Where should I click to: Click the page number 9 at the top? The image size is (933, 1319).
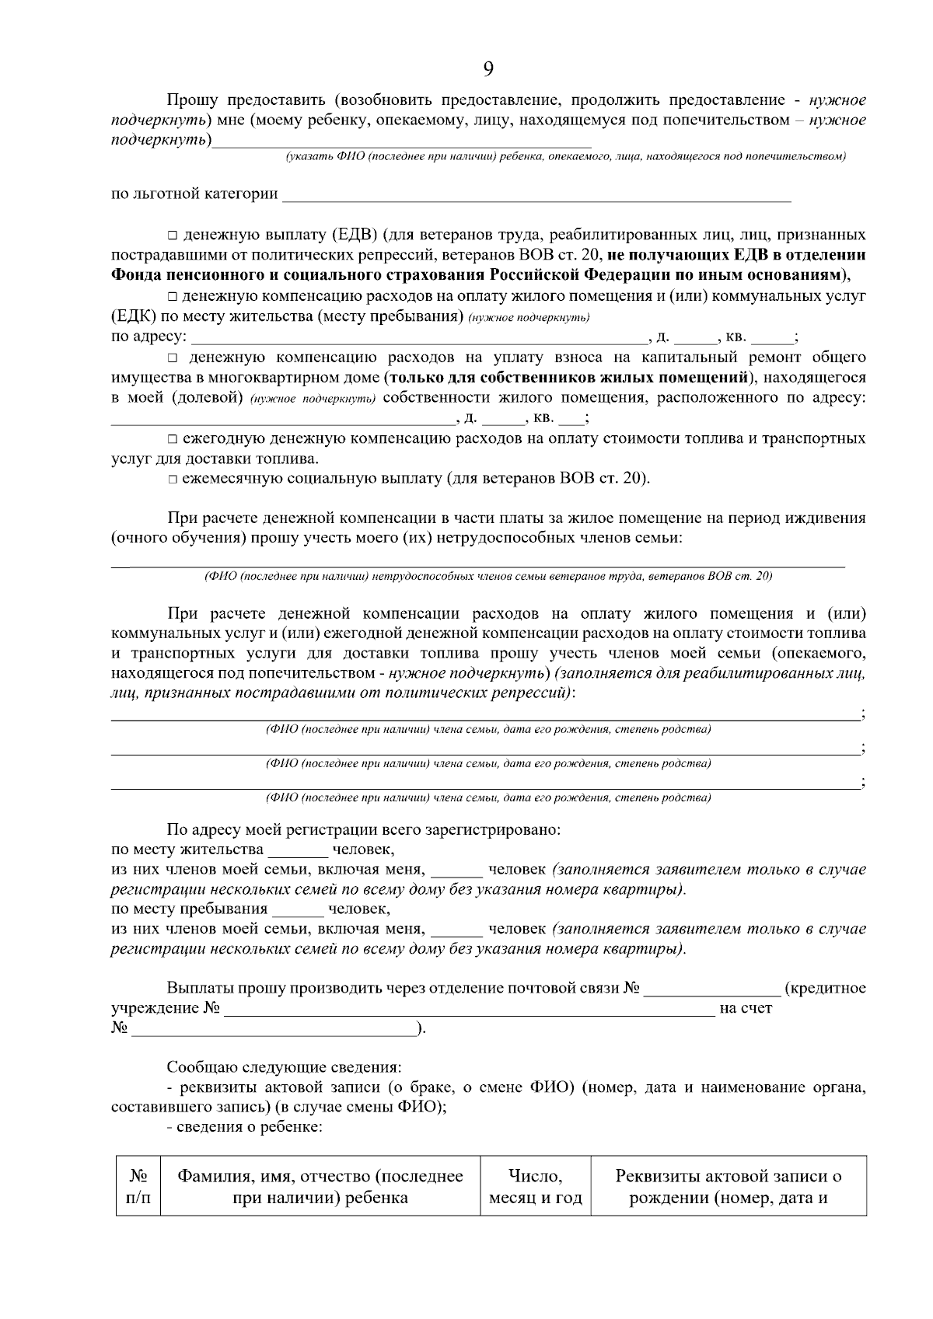(x=487, y=68)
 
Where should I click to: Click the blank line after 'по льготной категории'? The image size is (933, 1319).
(x=536, y=194)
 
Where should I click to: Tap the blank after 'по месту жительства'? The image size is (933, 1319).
(x=298, y=850)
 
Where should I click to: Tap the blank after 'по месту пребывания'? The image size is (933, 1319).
(x=298, y=909)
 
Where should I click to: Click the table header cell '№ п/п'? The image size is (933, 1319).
(x=138, y=1187)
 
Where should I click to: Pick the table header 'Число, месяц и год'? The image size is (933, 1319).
(x=535, y=1187)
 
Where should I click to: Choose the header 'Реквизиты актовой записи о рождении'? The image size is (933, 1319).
(x=729, y=1187)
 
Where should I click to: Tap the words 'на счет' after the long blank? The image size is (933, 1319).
(x=746, y=1009)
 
